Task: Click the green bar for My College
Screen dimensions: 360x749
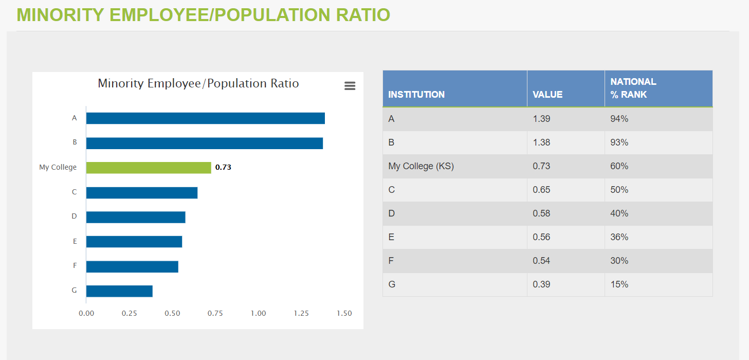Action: click(x=149, y=168)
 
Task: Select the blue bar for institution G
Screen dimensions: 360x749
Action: click(x=119, y=291)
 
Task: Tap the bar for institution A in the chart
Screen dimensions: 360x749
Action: click(x=205, y=118)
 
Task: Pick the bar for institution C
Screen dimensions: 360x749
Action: click(x=142, y=193)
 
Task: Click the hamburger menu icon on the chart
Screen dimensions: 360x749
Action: click(x=350, y=86)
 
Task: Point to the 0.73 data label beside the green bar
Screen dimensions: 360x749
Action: click(x=223, y=168)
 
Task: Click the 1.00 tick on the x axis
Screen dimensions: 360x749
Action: click(x=258, y=314)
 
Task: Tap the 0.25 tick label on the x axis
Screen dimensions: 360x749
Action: click(x=129, y=314)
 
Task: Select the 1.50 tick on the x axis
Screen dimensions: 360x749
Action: click(x=344, y=314)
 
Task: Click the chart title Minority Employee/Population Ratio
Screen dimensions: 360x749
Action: click(x=198, y=83)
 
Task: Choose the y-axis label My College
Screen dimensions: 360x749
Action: click(x=58, y=168)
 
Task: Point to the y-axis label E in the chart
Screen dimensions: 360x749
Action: click(x=75, y=241)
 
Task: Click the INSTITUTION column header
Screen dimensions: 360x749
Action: click(x=416, y=95)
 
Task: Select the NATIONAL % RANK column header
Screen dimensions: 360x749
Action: click(x=633, y=88)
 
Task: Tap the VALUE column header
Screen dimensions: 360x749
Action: click(x=547, y=95)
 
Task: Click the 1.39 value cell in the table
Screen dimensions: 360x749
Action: click(x=541, y=119)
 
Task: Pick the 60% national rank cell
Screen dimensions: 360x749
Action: click(x=619, y=166)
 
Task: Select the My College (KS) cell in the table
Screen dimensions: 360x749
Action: click(x=421, y=166)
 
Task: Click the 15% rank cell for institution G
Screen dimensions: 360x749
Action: click(x=619, y=284)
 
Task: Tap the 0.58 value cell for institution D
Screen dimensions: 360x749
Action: click(x=541, y=213)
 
